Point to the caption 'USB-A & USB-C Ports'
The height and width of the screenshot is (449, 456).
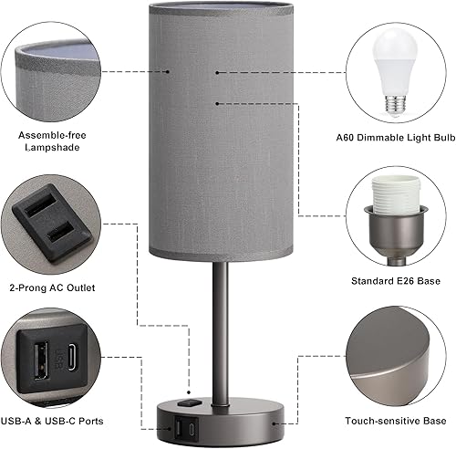point(57,421)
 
